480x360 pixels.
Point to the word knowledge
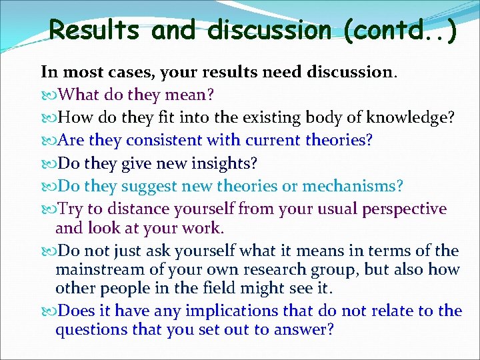click(413, 118)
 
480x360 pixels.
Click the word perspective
click(404, 209)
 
